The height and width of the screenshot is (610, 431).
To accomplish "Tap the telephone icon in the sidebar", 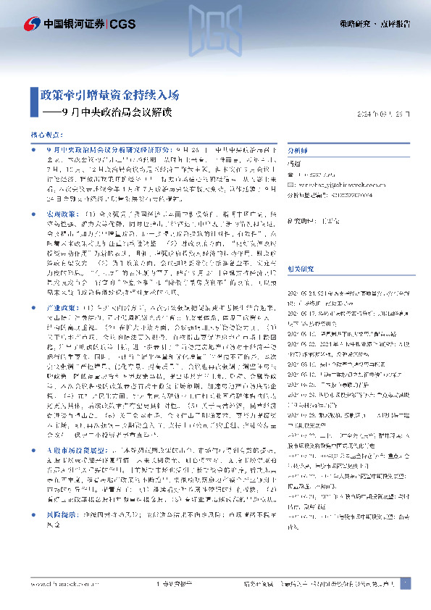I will tap(293, 175).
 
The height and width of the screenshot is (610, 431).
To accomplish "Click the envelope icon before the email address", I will tap(293, 185).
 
